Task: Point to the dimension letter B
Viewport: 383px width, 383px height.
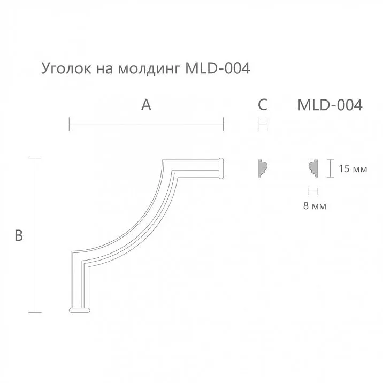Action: pos(18,235)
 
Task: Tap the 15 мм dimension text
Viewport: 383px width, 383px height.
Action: pos(353,170)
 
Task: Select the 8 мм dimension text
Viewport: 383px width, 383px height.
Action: pos(314,205)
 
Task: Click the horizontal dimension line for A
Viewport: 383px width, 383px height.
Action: pos(146,126)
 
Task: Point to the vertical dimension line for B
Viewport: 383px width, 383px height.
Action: pos(35,235)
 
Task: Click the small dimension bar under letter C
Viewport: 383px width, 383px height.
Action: pos(263,126)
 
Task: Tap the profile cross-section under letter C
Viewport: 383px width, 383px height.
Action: pos(263,168)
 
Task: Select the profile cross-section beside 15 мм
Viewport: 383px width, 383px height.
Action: pos(314,168)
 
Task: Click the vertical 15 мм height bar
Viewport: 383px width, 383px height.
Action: pos(329,168)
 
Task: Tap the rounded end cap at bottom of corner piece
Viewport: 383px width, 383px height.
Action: pos(80,309)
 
